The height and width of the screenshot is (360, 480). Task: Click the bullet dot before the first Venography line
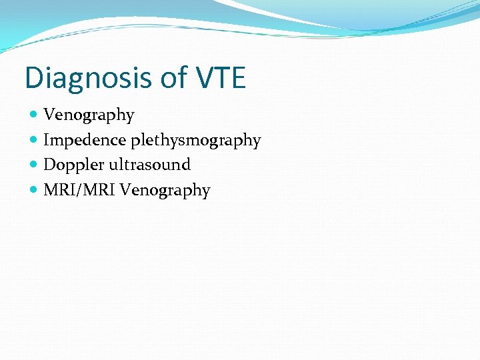[x=34, y=115]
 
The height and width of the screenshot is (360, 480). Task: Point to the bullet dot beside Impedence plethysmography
[x=34, y=141]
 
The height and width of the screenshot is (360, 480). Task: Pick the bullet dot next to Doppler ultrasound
[x=34, y=165]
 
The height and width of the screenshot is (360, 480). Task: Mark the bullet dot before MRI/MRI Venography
[x=34, y=191]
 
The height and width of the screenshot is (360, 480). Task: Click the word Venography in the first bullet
[x=89, y=115]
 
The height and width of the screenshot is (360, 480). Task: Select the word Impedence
[x=85, y=141]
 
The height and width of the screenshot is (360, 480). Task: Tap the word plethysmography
[x=195, y=141]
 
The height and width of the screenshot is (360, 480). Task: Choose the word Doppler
[x=70, y=165]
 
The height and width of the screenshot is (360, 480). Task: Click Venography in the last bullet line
[x=165, y=191]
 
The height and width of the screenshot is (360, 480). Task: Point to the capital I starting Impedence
[x=46, y=141]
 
